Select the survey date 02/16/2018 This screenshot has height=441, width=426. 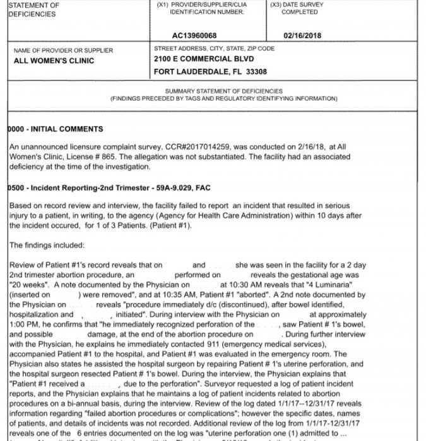[x=302, y=35]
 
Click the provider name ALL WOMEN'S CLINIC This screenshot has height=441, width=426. [x=54, y=60]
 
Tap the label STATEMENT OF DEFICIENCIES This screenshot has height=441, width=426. [x=35, y=9]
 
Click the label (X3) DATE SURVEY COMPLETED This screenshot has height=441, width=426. [x=299, y=8]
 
